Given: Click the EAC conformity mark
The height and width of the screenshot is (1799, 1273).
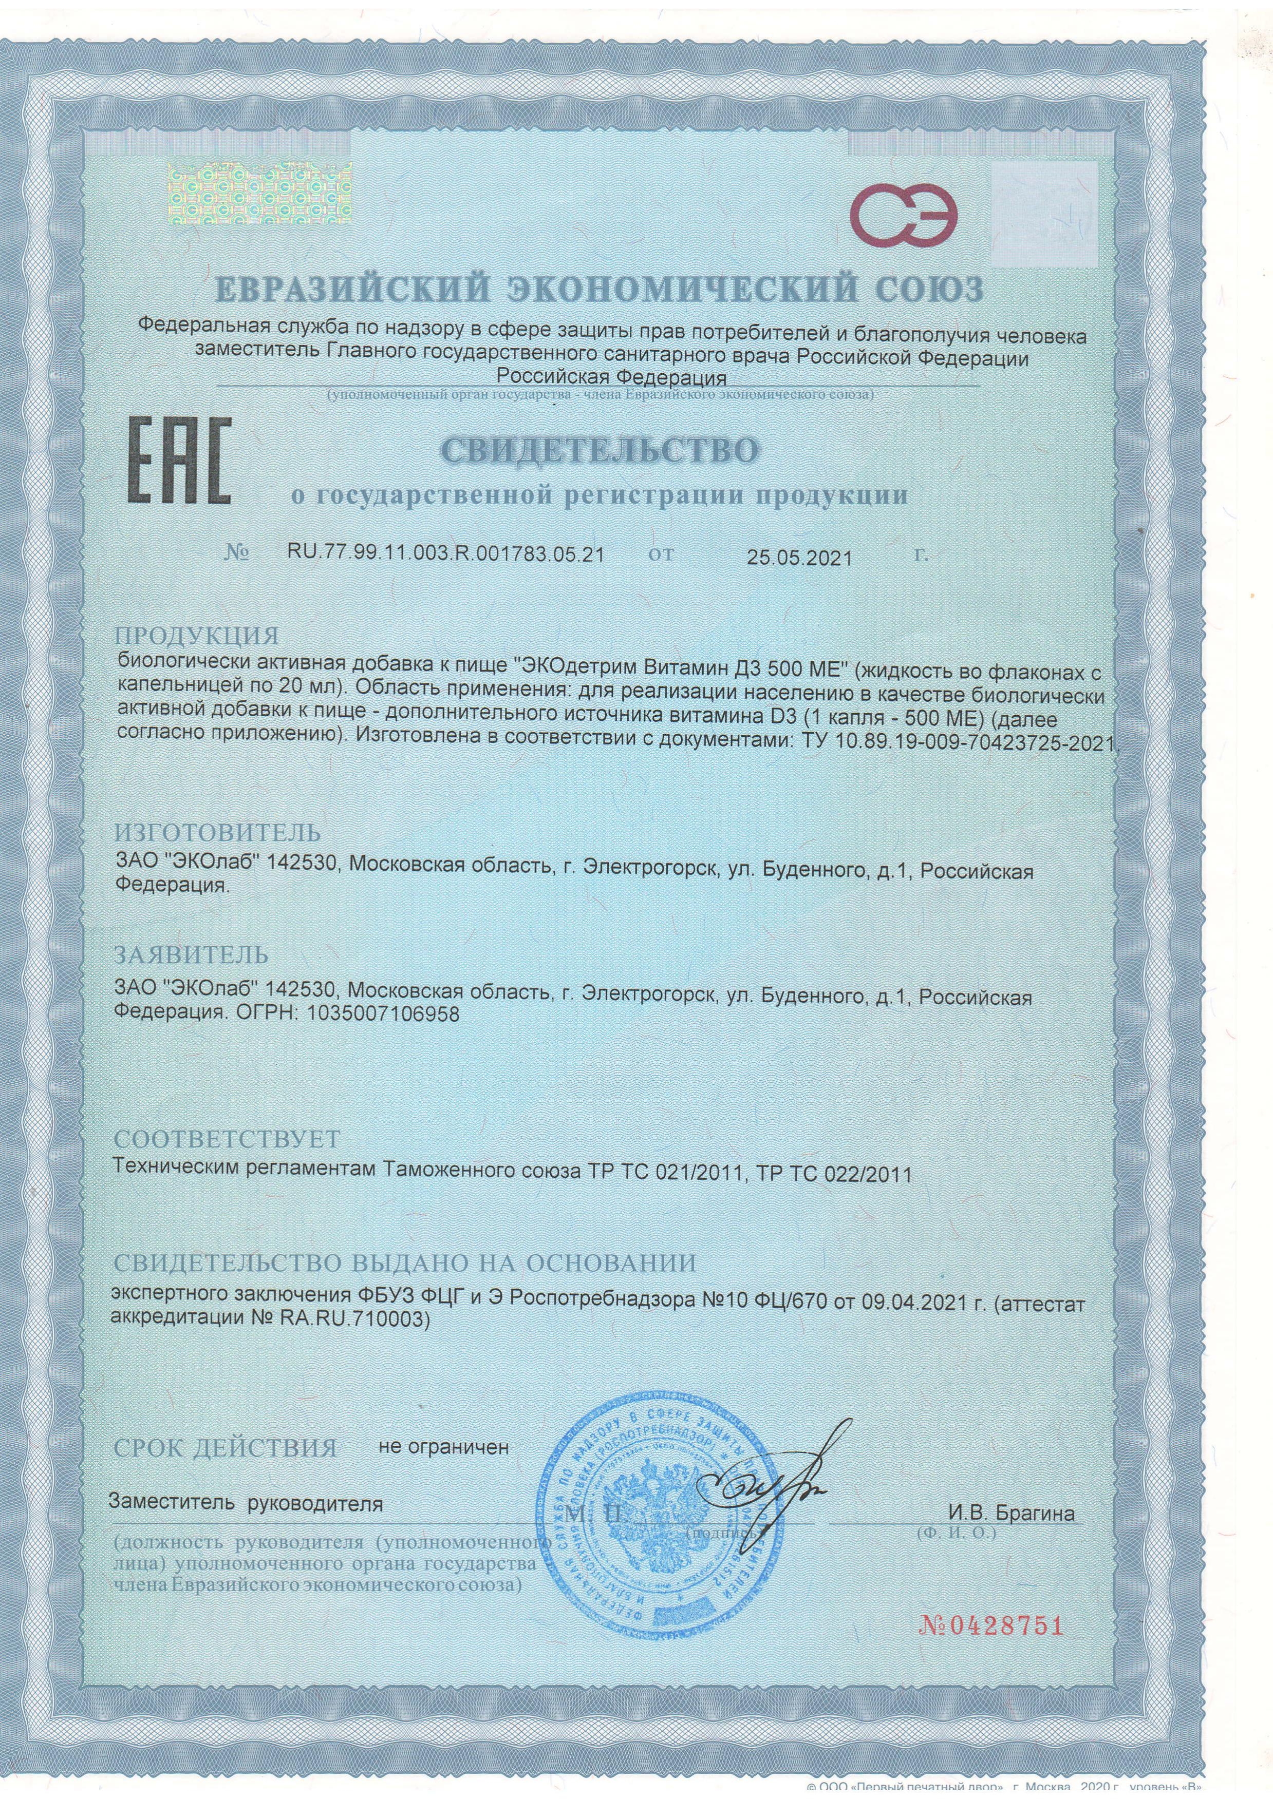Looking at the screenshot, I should [179, 463].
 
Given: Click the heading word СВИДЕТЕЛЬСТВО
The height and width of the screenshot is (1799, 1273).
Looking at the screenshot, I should [601, 451].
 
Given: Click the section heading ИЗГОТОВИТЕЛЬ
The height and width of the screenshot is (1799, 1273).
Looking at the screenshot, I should [218, 831].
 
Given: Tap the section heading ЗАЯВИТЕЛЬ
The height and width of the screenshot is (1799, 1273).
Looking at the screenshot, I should [192, 955].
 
